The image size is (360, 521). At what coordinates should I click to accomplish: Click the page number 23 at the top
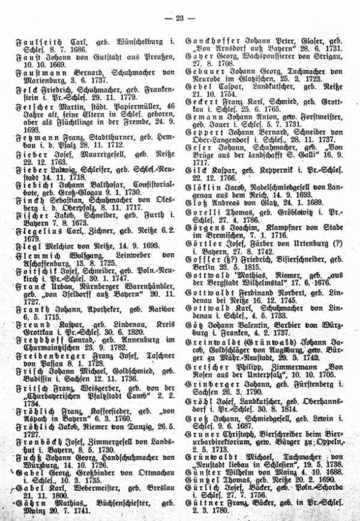pyautogui.click(x=180, y=18)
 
